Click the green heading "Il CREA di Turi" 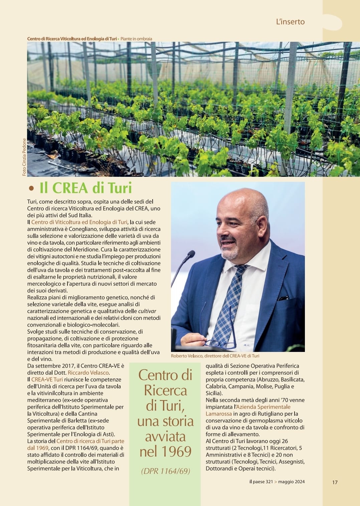click(85, 188)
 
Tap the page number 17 click(335, 482)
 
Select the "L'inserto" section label click(290, 22)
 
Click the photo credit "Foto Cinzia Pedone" click(24, 157)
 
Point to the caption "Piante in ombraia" click(136, 39)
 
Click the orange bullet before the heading click(31, 188)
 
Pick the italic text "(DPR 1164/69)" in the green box click(165, 471)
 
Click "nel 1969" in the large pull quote click(165, 452)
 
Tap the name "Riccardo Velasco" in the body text click(88, 373)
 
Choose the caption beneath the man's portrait click(215, 356)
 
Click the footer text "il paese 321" click(261, 482)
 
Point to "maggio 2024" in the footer click(291, 482)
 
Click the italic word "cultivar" click(147, 311)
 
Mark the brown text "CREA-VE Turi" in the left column click(47, 380)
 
